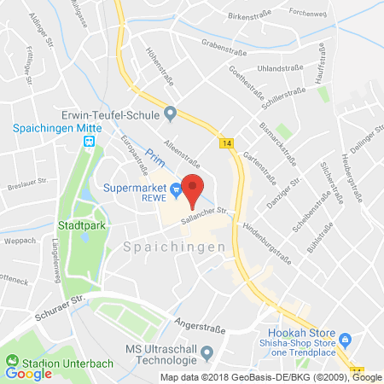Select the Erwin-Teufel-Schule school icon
tap(170, 112)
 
